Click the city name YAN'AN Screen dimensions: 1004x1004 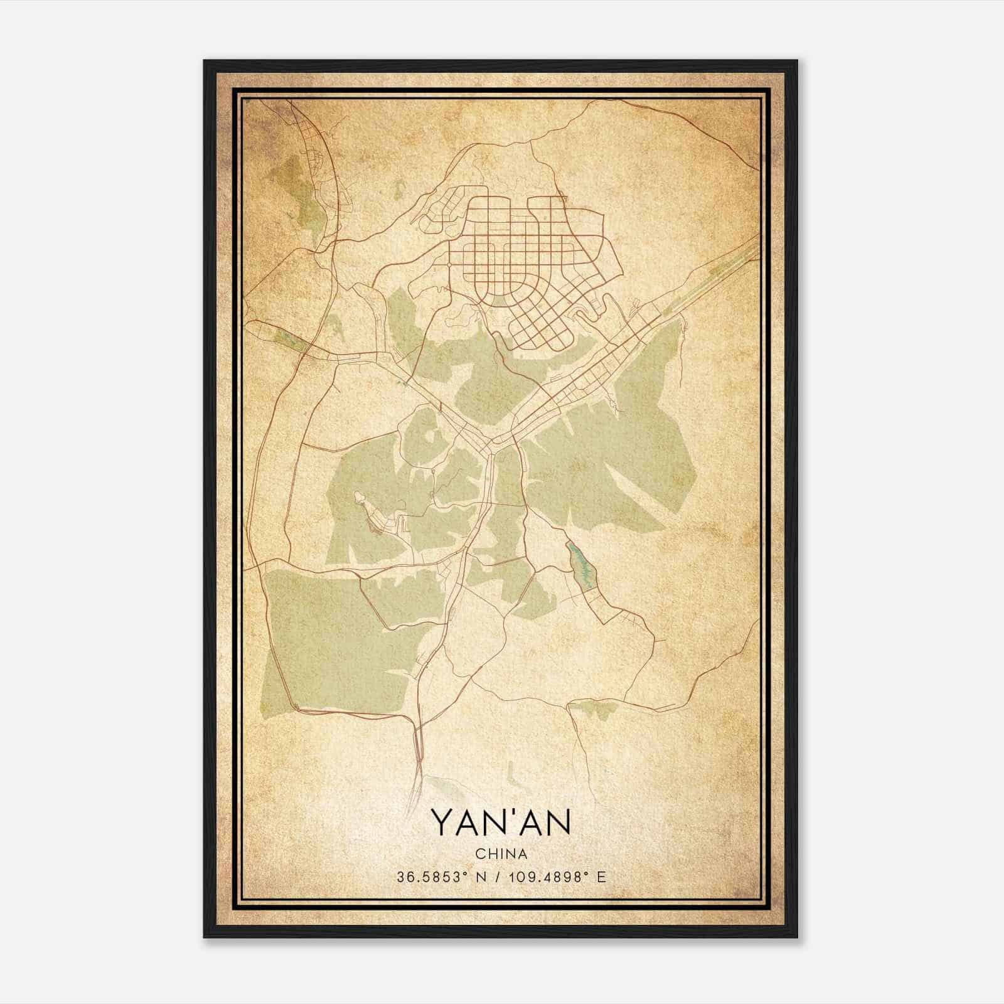click(x=501, y=823)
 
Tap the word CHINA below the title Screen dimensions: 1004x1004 click(x=501, y=854)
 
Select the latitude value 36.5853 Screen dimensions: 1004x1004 click(x=422, y=877)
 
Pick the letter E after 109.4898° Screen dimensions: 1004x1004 click(x=602, y=877)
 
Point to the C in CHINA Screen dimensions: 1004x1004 click(x=479, y=854)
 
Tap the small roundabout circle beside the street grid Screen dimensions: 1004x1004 click(x=449, y=265)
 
